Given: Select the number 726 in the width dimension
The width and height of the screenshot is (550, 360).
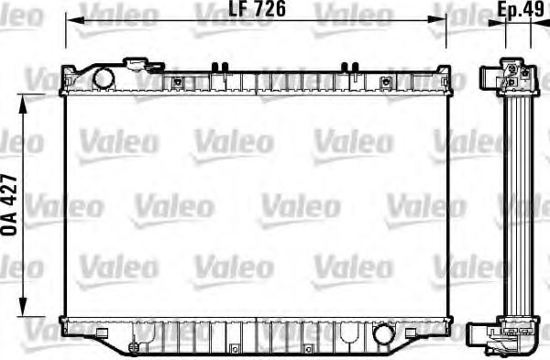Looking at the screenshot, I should point(248,11).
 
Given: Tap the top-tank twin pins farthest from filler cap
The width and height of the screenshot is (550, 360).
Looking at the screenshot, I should point(349,66).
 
